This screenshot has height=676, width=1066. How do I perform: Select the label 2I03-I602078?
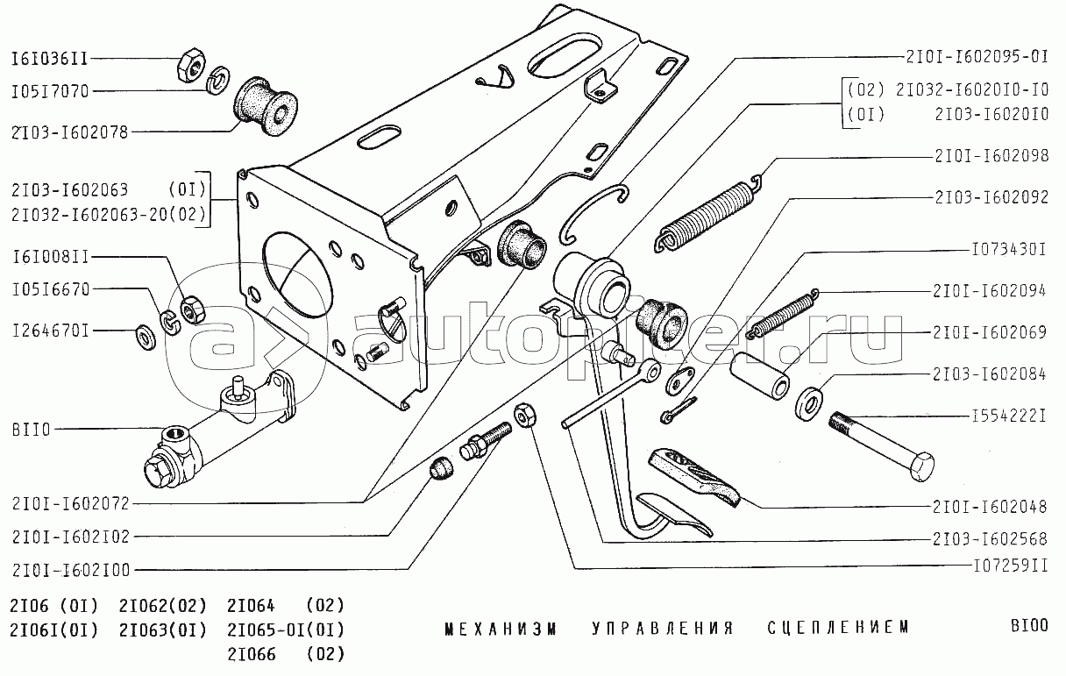(x=69, y=133)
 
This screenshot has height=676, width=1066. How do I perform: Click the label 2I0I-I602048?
(x=989, y=507)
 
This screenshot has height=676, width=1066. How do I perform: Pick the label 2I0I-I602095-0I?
(x=976, y=59)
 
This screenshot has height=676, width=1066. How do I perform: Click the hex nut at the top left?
(x=190, y=65)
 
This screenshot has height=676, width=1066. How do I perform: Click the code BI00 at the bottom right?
(x=1027, y=627)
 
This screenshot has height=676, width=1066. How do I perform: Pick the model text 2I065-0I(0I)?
(x=286, y=630)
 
